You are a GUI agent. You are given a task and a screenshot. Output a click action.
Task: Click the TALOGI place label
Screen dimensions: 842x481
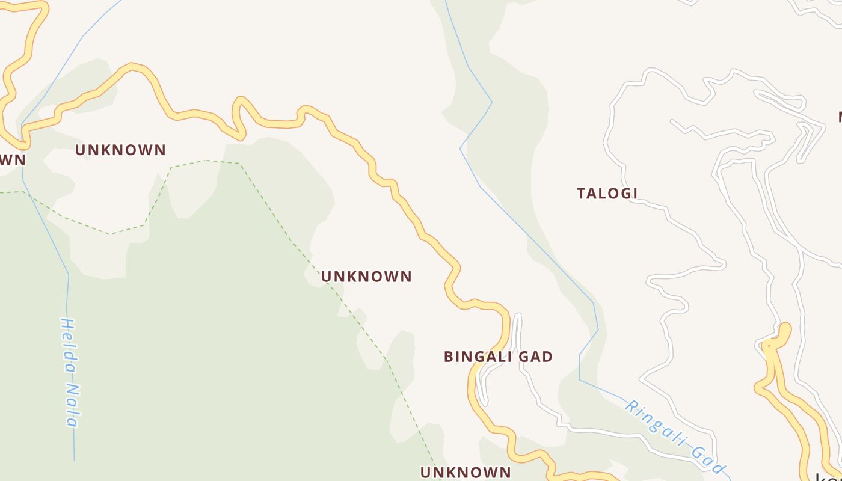[607, 194]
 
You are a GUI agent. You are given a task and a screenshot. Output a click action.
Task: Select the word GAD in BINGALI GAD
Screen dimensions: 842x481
[534, 357]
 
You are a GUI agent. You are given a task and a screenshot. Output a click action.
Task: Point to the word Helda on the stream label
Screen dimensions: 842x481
[68, 342]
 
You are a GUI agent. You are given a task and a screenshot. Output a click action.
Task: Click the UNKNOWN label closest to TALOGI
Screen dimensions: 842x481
[366, 277]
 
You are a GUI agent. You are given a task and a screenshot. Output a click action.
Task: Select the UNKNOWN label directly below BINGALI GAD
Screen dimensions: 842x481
[466, 473]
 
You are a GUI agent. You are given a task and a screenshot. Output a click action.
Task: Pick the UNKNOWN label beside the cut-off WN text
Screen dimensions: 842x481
[120, 150]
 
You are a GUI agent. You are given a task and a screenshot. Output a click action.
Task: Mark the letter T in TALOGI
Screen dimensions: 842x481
[582, 194]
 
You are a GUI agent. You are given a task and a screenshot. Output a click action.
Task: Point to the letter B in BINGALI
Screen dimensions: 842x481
[449, 357]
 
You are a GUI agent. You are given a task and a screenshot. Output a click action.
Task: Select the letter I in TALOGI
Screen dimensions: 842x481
[635, 194]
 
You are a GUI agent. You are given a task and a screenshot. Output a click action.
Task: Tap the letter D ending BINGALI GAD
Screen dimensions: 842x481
[547, 357]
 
